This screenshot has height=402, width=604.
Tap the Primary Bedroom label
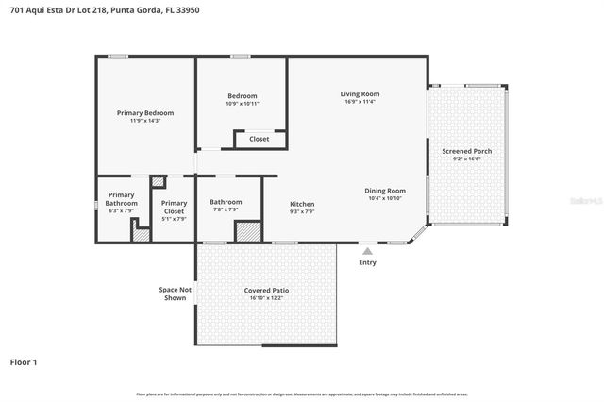[145, 113]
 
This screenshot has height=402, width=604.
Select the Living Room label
[360, 93]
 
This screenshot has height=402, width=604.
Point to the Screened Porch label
[467, 151]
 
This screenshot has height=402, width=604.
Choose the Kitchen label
[302, 204]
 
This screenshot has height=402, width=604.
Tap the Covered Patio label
[267, 290]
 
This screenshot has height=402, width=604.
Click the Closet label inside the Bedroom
[259, 139]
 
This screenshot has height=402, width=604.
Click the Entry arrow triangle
[367, 251]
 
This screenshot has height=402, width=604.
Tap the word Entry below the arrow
[367, 262]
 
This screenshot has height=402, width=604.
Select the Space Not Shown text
[174, 293]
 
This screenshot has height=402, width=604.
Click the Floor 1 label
[24, 361]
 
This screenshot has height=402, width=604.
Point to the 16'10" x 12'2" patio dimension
[267, 298]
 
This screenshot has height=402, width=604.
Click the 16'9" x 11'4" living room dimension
[360, 102]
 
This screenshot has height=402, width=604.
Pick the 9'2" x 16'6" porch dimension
[467, 159]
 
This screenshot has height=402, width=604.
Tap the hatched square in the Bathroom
[247, 232]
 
